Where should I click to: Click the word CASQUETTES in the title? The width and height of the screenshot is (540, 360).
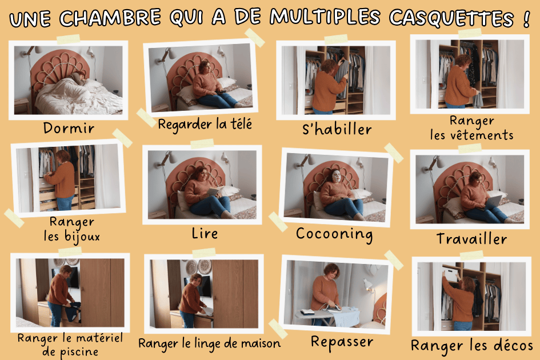click(x=451, y=18)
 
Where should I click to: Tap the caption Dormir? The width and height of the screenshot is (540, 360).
click(x=69, y=128)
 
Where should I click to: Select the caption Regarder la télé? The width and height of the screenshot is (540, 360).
click(x=205, y=125)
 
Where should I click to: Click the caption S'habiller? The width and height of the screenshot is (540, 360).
click(x=337, y=129)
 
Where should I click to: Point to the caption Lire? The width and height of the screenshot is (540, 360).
click(x=205, y=233)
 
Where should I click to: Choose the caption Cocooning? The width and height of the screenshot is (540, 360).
click(x=334, y=234)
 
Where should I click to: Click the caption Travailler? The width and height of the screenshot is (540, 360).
click(x=471, y=238)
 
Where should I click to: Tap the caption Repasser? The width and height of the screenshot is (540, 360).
click(x=342, y=342)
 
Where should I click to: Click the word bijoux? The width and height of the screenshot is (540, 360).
click(x=82, y=237)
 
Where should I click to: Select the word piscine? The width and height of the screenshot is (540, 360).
click(x=79, y=352)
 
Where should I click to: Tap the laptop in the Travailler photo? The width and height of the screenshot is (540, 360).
click(x=494, y=202)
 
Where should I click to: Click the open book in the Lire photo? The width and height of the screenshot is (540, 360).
click(x=214, y=191)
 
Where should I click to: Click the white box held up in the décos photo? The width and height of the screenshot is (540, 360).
click(x=450, y=274)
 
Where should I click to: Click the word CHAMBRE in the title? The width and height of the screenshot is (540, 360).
click(x=110, y=18)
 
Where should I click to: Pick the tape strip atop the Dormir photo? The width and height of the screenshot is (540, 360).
click(x=68, y=39)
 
